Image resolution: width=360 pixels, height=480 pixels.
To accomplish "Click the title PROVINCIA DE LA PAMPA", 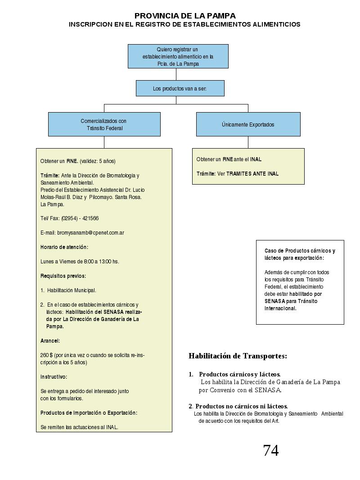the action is point(185,16).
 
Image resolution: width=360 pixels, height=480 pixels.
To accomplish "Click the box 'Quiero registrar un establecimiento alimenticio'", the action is point(178,56).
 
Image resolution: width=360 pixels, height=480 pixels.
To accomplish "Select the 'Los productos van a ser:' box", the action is point(180,88).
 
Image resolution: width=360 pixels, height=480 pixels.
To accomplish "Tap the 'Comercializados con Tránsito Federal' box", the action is point(104,124).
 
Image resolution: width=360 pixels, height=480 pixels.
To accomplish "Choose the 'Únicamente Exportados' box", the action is point(248,124).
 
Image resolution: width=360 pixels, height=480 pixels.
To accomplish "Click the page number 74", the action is point(271,450).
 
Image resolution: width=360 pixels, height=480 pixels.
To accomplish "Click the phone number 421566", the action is point(90,218).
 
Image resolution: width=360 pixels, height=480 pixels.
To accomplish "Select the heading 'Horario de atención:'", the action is point(64,247).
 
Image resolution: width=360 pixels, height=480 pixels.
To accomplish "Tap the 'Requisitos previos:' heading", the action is point(63,276).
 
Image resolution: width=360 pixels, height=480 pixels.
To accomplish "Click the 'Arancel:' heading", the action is point(50,341).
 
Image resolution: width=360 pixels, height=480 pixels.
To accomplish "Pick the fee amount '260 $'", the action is point(46,355).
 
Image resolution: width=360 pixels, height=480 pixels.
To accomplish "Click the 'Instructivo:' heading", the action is point(54,377).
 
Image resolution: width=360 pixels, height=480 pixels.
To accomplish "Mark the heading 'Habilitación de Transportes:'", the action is point(238,356).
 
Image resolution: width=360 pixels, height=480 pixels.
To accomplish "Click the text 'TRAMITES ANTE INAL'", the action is point(252,173).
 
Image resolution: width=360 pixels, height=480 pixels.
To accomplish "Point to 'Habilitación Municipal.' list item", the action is point(72,290).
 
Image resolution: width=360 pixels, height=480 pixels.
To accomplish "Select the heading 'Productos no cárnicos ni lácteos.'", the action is point(242,406).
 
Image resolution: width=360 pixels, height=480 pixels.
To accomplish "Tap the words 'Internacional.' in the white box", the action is point(280,308).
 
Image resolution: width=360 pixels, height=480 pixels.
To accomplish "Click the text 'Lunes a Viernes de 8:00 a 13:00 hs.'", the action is point(80,262).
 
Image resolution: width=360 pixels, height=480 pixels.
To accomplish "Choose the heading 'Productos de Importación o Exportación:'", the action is point(89,412).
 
